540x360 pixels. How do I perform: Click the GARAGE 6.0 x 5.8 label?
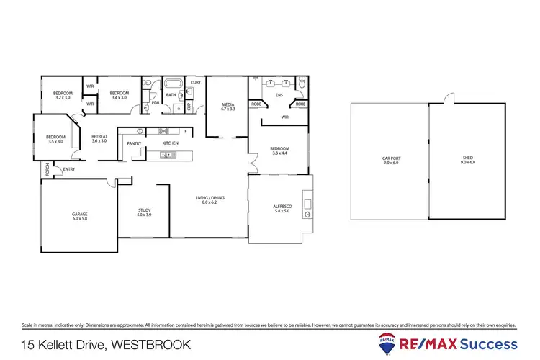pos(79,215)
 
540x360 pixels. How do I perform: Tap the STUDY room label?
pos(144,212)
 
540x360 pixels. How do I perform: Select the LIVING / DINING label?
pos(209,200)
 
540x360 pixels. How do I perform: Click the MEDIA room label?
pos(228,107)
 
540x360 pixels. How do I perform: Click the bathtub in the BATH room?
pos(174,84)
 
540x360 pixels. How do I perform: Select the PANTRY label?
pos(133,144)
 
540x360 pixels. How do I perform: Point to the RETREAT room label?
pos(99,138)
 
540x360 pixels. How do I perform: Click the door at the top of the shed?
pos(449,99)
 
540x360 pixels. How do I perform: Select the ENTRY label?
pos(68,170)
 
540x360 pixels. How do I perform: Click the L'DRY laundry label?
pos(194,83)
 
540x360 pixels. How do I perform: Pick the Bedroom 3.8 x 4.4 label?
pos(279,151)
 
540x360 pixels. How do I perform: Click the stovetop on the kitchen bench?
pos(164,131)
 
